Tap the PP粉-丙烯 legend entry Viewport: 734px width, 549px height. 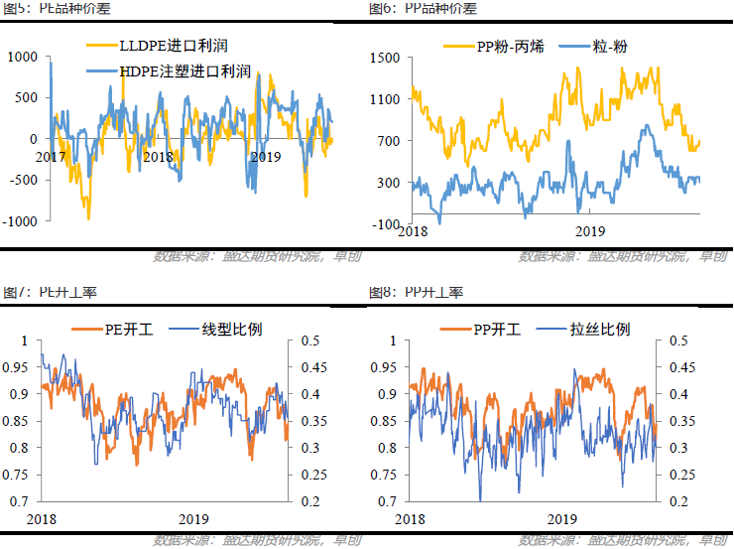click(x=497, y=46)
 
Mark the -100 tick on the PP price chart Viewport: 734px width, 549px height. click(x=386, y=224)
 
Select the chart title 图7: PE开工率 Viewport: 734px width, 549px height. click(x=49, y=293)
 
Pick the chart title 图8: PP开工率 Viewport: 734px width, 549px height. click(x=416, y=293)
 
